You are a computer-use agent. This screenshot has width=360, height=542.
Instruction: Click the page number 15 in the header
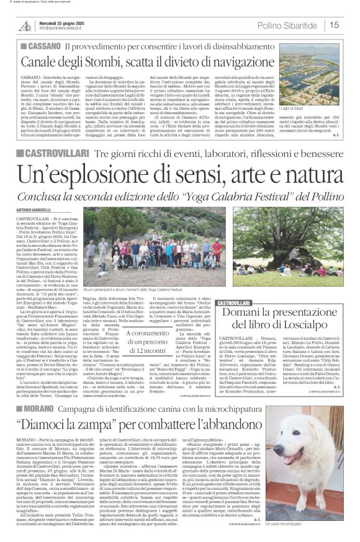[335, 25]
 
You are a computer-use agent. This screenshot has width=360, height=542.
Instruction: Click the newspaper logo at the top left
[25, 24]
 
